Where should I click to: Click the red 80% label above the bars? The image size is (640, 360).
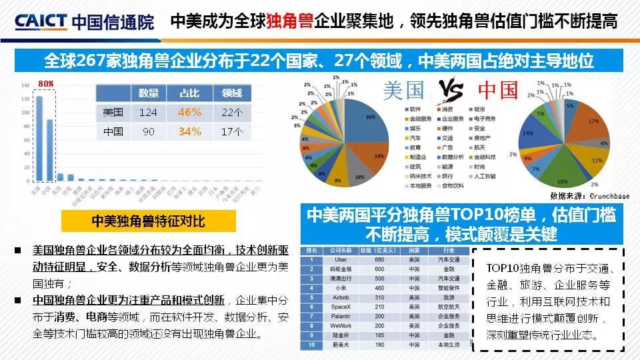pos(45,83)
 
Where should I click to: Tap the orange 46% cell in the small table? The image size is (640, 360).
pos(189,112)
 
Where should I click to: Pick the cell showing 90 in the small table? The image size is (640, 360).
pos(147,131)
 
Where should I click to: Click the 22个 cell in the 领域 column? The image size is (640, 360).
pos(232,112)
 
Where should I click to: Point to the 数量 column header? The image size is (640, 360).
pos(147,93)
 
